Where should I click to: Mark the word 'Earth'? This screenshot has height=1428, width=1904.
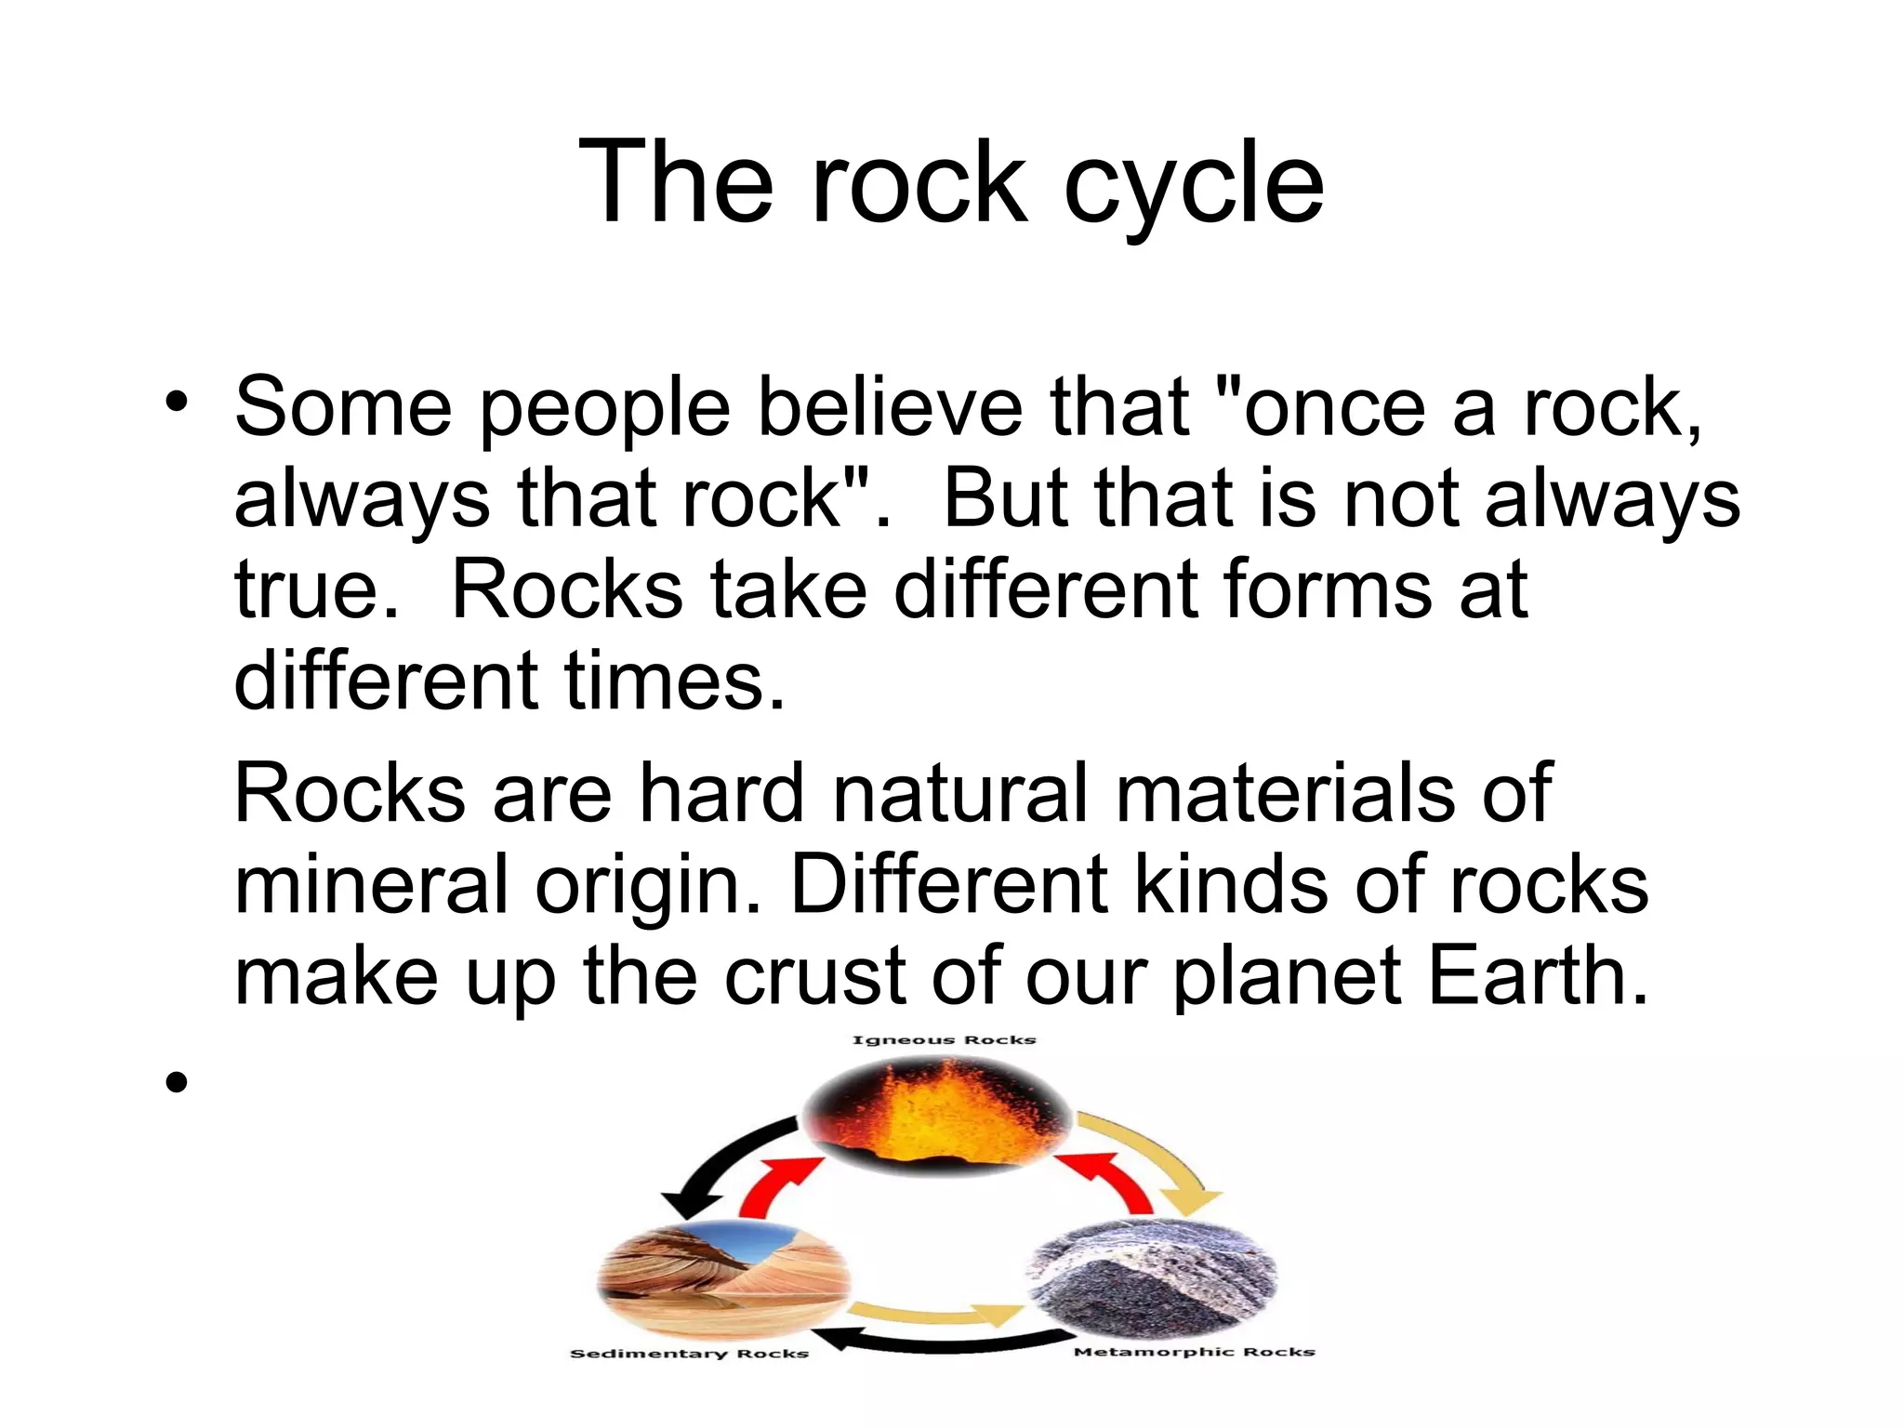click(1537, 976)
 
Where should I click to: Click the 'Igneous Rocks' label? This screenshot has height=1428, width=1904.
click(944, 1039)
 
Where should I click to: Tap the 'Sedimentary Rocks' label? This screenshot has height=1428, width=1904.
click(689, 1354)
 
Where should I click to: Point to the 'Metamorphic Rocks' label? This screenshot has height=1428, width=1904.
click(1194, 1352)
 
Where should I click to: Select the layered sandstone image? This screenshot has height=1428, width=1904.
click(723, 1278)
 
